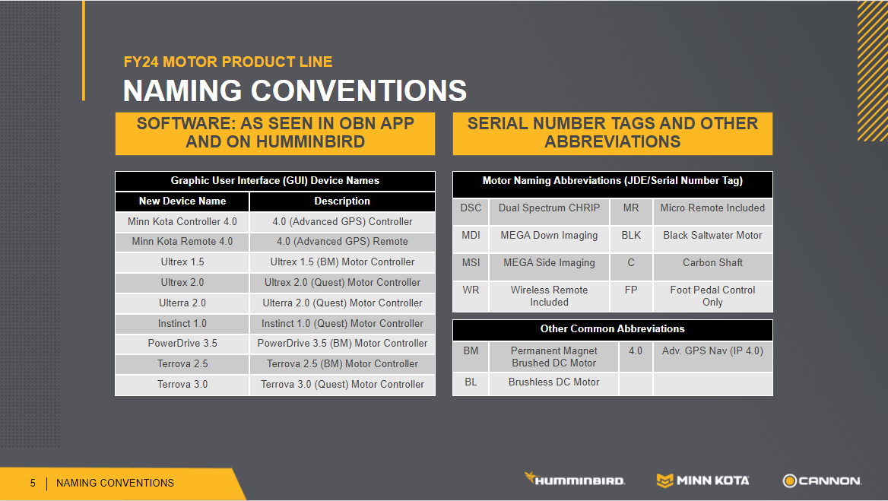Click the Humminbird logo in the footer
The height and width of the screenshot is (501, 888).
point(574,479)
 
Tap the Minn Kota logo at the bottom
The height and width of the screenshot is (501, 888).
point(702,480)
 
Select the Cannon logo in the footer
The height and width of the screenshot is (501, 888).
point(822,480)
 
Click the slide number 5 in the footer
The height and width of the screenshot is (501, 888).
point(33,483)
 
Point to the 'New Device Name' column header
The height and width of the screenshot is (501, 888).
point(182,201)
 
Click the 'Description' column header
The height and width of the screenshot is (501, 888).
point(342,201)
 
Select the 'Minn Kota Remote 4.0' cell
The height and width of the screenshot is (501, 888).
point(182,242)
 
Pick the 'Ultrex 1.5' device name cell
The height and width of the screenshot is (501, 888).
point(182,262)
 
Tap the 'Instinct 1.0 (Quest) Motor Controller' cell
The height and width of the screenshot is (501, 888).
point(342,323)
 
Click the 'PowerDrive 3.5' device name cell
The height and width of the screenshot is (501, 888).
point(182,344)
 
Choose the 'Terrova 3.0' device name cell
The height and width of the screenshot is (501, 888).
point(182,385)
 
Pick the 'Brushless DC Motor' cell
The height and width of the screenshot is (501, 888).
point(554,382)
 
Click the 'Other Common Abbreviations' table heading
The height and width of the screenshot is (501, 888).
point(612,329)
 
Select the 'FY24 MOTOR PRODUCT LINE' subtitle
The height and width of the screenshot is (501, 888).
point(228,62)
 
